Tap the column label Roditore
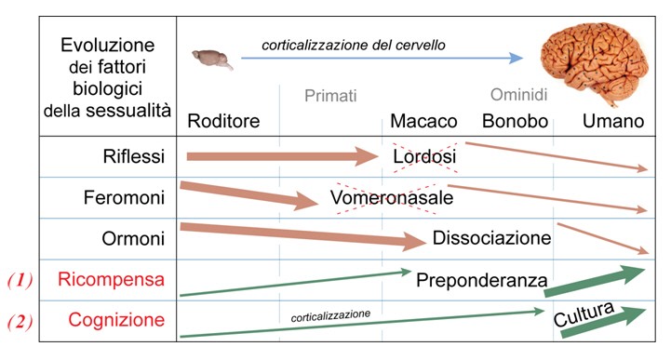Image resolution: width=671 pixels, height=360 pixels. tap(223, 122)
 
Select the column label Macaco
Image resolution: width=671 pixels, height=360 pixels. tap(423, 122)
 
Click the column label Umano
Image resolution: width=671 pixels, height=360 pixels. tap(613, 122)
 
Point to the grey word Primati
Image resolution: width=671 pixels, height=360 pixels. tap(330, 96)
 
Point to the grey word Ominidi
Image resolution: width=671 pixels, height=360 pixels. tap(518, 96)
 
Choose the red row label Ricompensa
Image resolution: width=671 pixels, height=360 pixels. tap(111, 279)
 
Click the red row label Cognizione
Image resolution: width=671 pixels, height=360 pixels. tap(114, 320)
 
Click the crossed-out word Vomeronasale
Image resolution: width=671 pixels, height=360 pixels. tap(391, 198)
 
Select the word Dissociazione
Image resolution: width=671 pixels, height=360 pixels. tap(491, 238)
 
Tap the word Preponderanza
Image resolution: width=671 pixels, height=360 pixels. tap(481, 279)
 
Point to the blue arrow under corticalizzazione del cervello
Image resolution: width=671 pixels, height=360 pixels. tap(382, 58)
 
